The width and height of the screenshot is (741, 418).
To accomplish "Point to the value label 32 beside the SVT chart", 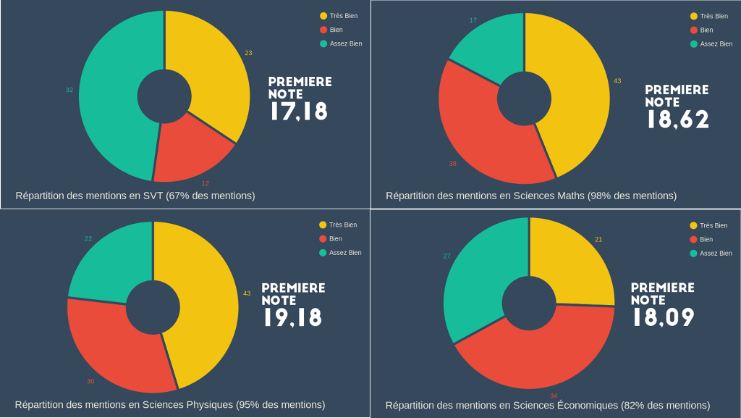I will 69,90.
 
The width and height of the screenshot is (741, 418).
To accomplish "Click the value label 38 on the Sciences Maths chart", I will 452,164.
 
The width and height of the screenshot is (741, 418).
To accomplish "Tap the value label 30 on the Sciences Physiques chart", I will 90,381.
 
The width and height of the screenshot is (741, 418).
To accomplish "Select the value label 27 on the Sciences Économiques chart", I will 446,256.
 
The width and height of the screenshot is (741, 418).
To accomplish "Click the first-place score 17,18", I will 299,112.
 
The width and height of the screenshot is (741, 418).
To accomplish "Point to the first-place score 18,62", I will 677,120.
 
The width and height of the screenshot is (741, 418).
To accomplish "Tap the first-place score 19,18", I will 292,317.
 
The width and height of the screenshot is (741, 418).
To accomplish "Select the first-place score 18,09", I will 663,317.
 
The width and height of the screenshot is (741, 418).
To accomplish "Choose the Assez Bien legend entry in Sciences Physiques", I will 344,253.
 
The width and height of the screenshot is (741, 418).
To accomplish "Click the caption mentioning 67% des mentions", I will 135,196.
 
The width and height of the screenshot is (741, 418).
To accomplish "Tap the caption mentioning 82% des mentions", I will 548,405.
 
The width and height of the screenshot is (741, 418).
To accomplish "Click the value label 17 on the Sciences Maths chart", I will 473,20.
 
